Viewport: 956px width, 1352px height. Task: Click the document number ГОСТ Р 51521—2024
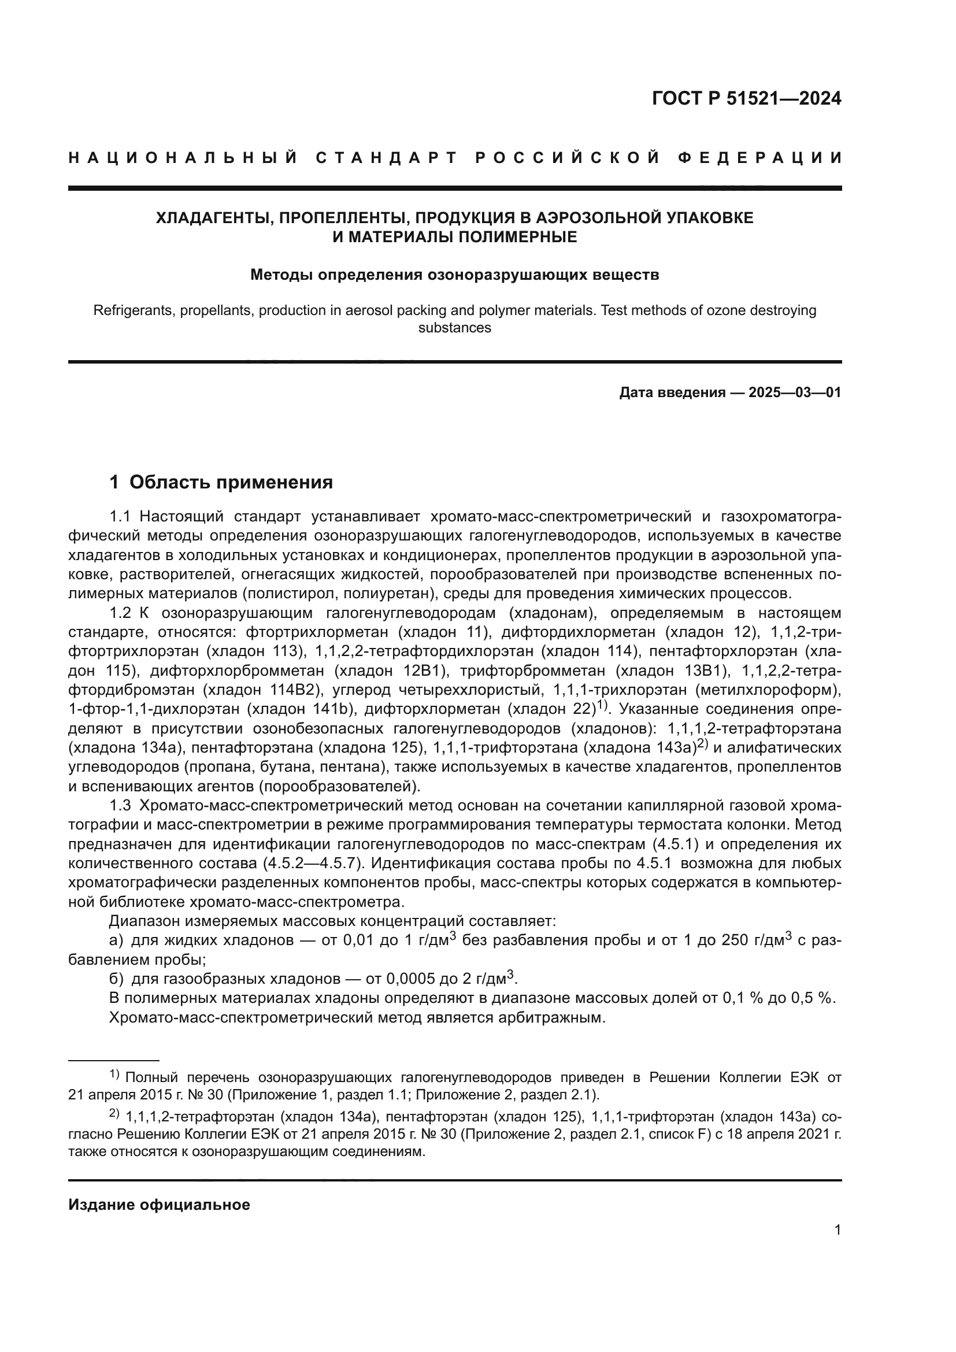tap(746, 98)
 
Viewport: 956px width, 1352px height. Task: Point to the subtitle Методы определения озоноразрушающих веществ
tap(454, 275)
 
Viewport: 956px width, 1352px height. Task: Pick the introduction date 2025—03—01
tap(795, 392)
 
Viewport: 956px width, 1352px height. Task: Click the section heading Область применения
tap(231, 482)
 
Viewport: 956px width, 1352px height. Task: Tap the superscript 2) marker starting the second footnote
tap(114, 1113)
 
